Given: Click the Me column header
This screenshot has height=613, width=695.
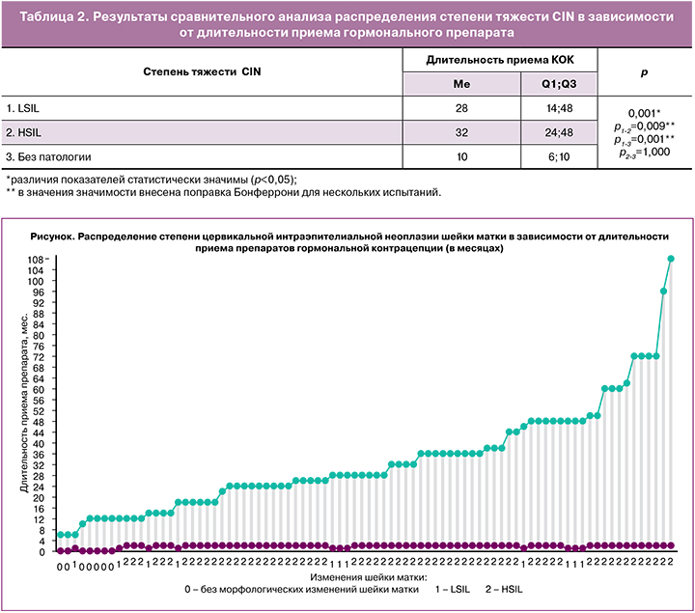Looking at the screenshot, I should [x=460, y=84].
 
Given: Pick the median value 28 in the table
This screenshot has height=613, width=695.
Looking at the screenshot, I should [x=460, y=107].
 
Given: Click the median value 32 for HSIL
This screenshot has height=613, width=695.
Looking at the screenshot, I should [x=460, y=131].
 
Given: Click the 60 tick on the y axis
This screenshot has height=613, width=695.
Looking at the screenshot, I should [x=40, y=389].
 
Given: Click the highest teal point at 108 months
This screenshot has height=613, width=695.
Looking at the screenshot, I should [x=671, y=258].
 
